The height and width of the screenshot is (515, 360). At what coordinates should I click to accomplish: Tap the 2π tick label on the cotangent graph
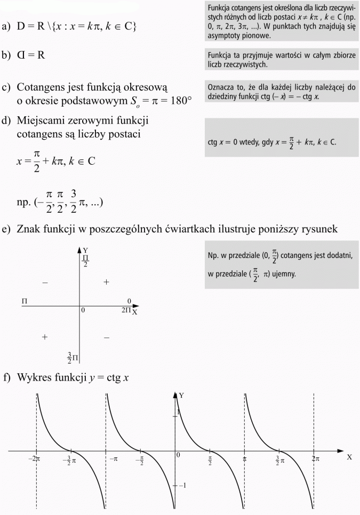[316, 458]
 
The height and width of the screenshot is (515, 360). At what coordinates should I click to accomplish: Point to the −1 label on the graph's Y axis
[182, 485]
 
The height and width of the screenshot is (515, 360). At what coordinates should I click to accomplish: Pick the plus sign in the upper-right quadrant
[106, 281]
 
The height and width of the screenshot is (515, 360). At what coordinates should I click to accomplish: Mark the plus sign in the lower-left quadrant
[45, 337]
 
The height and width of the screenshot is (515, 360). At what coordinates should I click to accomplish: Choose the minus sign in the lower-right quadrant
[107, 337]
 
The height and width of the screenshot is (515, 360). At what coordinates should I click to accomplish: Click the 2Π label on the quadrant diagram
[126, 309]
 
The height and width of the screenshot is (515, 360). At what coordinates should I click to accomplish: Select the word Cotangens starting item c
[42, 87]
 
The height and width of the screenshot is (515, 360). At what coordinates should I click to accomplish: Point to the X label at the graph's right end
[350, 457]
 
